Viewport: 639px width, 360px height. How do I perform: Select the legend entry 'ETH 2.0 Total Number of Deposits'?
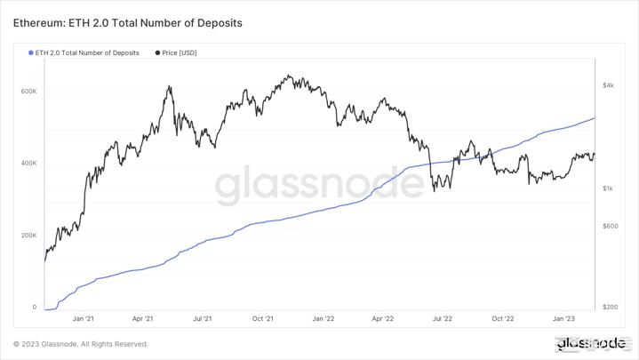point(87,53)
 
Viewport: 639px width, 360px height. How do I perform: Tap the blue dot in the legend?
point(30,53)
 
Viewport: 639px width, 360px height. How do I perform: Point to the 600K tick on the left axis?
point(28,92)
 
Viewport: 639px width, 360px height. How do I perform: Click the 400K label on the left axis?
point(28,164)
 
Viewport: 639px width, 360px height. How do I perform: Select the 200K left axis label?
point(28,236)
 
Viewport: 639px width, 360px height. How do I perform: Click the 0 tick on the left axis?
point(35,308)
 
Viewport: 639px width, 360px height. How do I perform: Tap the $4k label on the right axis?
point(608,85)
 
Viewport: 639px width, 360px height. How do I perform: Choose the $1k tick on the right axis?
point(608,188)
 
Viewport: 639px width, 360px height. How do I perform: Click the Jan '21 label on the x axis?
point(84,318)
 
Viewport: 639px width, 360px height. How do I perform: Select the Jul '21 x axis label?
point(202,318)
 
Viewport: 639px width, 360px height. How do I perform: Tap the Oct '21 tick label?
point(262,318)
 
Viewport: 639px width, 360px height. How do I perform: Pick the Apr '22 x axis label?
point(383,318)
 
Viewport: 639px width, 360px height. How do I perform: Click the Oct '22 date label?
point(503,318)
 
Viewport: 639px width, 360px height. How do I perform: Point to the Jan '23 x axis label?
point(563,318)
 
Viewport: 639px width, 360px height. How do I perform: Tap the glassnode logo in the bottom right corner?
point(590,343)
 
